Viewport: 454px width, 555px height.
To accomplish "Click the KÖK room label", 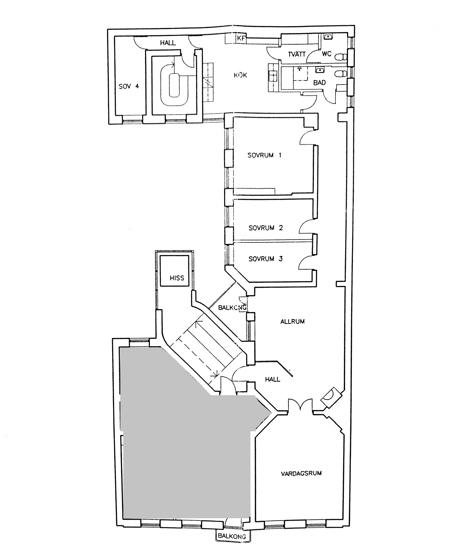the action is point(240,75).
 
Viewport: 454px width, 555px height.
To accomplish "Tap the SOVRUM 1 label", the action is point(264,155).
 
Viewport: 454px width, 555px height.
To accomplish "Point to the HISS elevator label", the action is point(177,278).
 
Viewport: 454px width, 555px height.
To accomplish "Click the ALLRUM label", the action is point(292,322).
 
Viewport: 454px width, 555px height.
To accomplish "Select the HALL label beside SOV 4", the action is point(168,43).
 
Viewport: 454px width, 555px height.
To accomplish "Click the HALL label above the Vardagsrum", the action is point(272,379).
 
